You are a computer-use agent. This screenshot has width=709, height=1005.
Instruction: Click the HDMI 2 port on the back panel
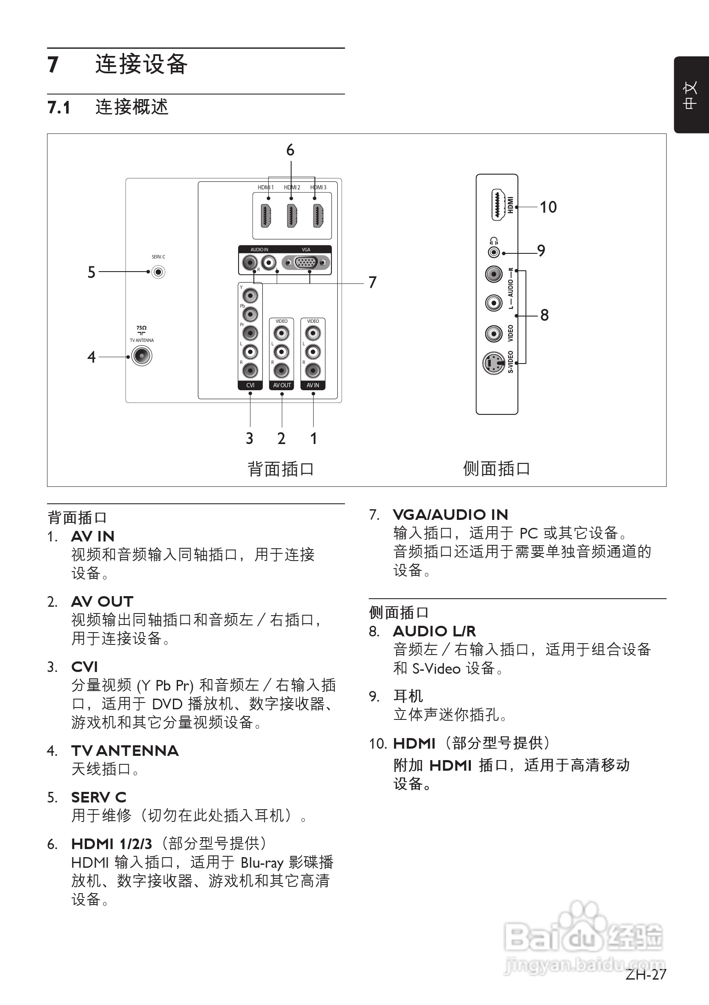click(292, 215)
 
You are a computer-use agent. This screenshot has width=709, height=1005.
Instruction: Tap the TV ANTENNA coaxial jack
click(142, 356)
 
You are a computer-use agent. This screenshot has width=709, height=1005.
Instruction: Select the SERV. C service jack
click(158, 272)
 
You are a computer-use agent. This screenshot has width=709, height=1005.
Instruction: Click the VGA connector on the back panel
click(306, 263)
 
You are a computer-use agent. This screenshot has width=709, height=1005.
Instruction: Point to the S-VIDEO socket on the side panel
click(494, 363)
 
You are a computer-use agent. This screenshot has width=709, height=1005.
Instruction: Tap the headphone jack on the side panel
click(494, 253)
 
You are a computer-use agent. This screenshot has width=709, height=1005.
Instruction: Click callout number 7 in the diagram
click(372, 282)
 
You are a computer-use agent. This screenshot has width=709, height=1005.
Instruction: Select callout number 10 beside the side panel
click(548, 207)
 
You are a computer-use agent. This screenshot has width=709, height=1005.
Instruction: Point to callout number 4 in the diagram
click(91, 357)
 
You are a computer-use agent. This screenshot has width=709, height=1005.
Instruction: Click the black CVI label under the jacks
click(250, 385)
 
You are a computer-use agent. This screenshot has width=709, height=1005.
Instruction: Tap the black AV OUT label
click(281, 385)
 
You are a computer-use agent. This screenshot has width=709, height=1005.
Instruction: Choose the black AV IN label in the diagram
click(313, 385)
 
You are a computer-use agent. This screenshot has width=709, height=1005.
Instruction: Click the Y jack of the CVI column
click(250, 296)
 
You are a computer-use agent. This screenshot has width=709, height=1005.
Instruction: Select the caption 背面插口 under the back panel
click(281, 469)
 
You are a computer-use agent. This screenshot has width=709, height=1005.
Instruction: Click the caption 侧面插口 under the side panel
click(497, 468)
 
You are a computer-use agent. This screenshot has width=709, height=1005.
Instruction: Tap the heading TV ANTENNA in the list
click(125, 751)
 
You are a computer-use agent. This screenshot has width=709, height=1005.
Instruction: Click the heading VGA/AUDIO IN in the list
click(450, 514)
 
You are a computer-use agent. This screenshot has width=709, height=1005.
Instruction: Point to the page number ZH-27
click(645, 974)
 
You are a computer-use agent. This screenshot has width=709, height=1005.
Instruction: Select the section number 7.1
click(58, 108)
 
